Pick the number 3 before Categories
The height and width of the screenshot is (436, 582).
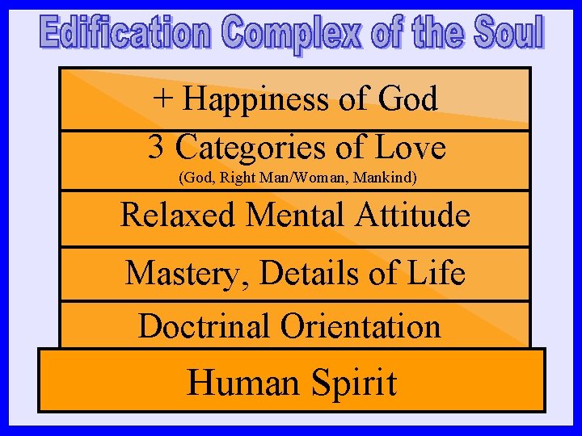tap(157, 148)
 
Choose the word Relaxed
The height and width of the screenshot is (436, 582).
tap(177, 216)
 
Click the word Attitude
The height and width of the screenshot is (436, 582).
tap(414, 216)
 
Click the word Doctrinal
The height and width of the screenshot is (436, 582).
tap(205, 326)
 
